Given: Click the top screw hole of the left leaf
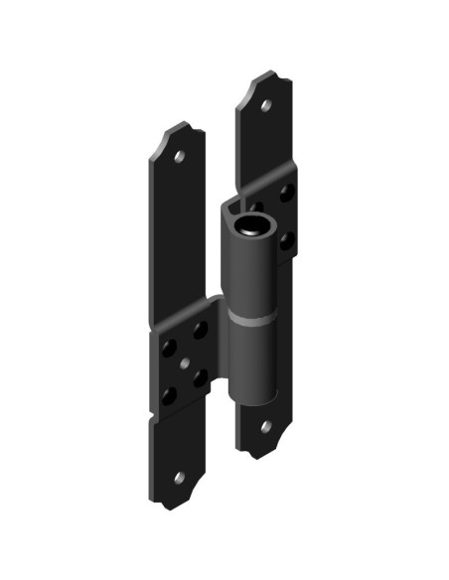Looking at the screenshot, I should [x=180, y=156].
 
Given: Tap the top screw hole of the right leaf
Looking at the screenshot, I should [x=267, y=103].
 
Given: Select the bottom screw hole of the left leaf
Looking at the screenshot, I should [x=180, y=479].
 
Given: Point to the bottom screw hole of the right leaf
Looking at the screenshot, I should [x=266, y=427].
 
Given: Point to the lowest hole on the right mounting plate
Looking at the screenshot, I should [x=287, y=239].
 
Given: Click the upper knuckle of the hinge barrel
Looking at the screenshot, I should [x=252, y=268].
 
